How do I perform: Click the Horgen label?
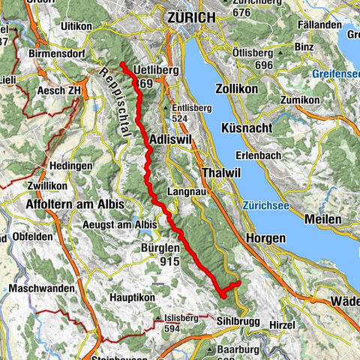(x=265, y=237)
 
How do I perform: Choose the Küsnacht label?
(x=247, y=128)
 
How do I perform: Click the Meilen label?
(x=323, y=218)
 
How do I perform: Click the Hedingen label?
(x=70, y=165)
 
